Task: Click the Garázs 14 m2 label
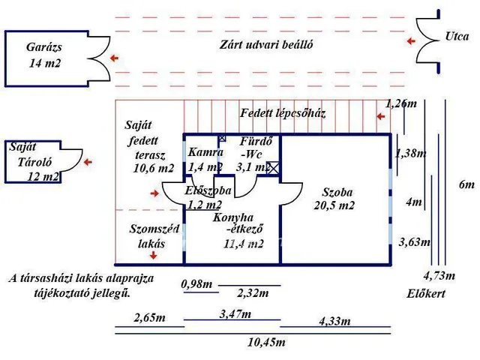coord(43,55)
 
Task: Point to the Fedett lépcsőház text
coord(283,113)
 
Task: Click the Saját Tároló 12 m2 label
coord(33,162)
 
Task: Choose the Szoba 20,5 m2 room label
coord(334,198)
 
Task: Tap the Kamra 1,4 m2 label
coord(205,159)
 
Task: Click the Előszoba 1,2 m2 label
coord(205,197)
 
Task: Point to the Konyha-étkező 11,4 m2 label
coord(238,230)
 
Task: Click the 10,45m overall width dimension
coord(266,342)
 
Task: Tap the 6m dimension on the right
coord(466,184)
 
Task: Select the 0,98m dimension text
coord(197,283)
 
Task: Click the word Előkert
coord(427,294)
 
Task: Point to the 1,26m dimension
coord(401,103)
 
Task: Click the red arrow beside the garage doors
coord(115,58)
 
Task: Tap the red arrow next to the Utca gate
coord(409,41)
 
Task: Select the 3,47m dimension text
coord(235,313)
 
